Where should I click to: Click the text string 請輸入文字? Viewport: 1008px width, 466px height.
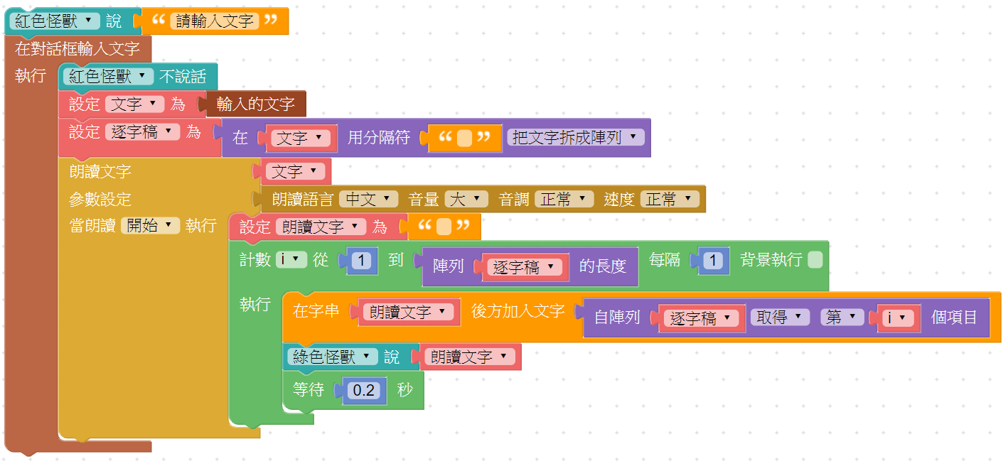pos(215,21)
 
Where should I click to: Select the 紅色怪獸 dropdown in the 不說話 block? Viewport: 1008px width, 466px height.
pos(108,77)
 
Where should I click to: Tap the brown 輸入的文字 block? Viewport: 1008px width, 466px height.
pos(255,104)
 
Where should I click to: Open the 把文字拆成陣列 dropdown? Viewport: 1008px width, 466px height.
pos(575,138)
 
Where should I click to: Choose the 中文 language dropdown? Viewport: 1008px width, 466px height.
pos(368,200)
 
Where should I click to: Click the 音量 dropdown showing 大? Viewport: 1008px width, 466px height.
pos(466,200)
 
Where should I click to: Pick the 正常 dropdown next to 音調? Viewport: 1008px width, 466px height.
pos(564,200)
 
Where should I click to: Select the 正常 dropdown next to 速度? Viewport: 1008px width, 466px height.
pos(669,200)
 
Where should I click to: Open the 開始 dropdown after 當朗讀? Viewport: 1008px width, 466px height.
pos(149,226)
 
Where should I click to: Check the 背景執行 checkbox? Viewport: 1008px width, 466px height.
pos(815,260)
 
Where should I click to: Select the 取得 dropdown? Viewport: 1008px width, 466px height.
pos(780,318)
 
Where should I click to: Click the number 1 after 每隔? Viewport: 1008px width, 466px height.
pos(713,261)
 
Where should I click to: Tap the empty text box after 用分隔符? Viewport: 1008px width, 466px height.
pos(464,138)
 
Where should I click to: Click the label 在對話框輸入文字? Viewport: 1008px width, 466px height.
pos(77,49)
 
